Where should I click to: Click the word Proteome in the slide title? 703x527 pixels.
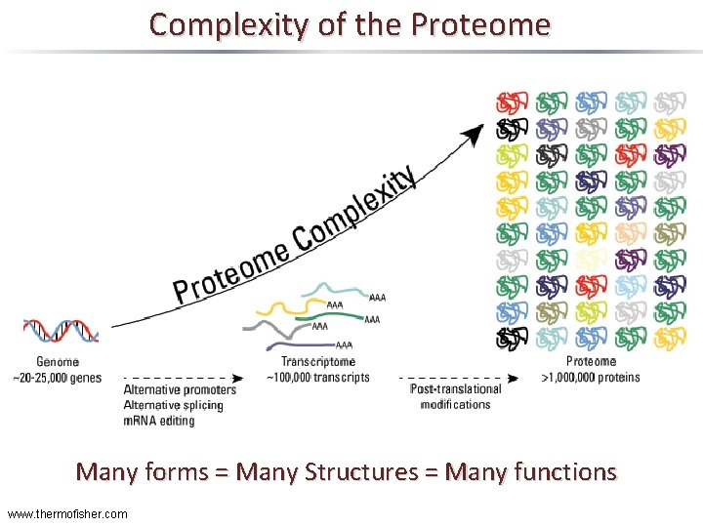tap(495, 23)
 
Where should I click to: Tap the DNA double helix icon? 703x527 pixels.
tap(61, 332)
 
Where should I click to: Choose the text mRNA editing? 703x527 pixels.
tap(159, 421)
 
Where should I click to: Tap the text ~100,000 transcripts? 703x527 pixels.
tap(318, 377)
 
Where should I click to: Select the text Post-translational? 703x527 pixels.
tap(456, 389)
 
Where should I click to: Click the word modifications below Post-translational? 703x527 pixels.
tap(456, 404)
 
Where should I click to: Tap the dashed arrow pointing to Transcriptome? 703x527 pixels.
tap(186, 377)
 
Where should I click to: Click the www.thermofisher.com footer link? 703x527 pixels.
tap(66, 513)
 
